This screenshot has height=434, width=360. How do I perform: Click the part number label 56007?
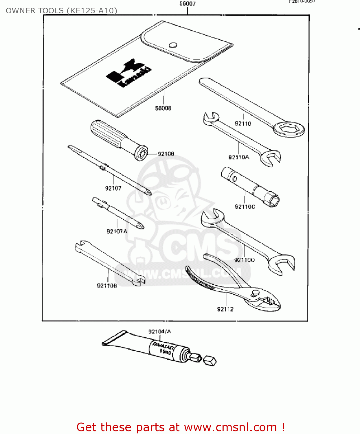(x=188, y=4)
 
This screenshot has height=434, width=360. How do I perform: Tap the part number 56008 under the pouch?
(x=163, y=108)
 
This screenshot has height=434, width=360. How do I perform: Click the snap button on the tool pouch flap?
(x=173, y=45)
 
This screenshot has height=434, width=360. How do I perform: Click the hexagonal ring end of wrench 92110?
(x=289, y=129)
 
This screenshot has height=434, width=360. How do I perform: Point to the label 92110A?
(x=239, y=157)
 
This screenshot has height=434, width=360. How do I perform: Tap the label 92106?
(x=166, y=154)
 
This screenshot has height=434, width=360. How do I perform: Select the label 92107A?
(x=117, y=231)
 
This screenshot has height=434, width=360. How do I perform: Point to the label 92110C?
(x=245, y=207)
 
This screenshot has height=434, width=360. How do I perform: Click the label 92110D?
(x=245, y=260)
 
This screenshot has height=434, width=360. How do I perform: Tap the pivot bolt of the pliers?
(x=255, y=293)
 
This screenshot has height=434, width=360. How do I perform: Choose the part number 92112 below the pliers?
(x=225, y=309)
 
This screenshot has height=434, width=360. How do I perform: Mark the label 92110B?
(x=107, y=286)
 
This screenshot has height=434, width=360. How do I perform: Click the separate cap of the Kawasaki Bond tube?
(x=210, y=361)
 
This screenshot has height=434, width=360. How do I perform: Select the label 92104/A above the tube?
(x=159, y=332)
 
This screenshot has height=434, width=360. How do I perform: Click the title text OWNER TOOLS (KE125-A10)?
(x=61, y=11)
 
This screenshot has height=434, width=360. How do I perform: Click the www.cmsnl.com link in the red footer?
(x=231, y=427)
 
